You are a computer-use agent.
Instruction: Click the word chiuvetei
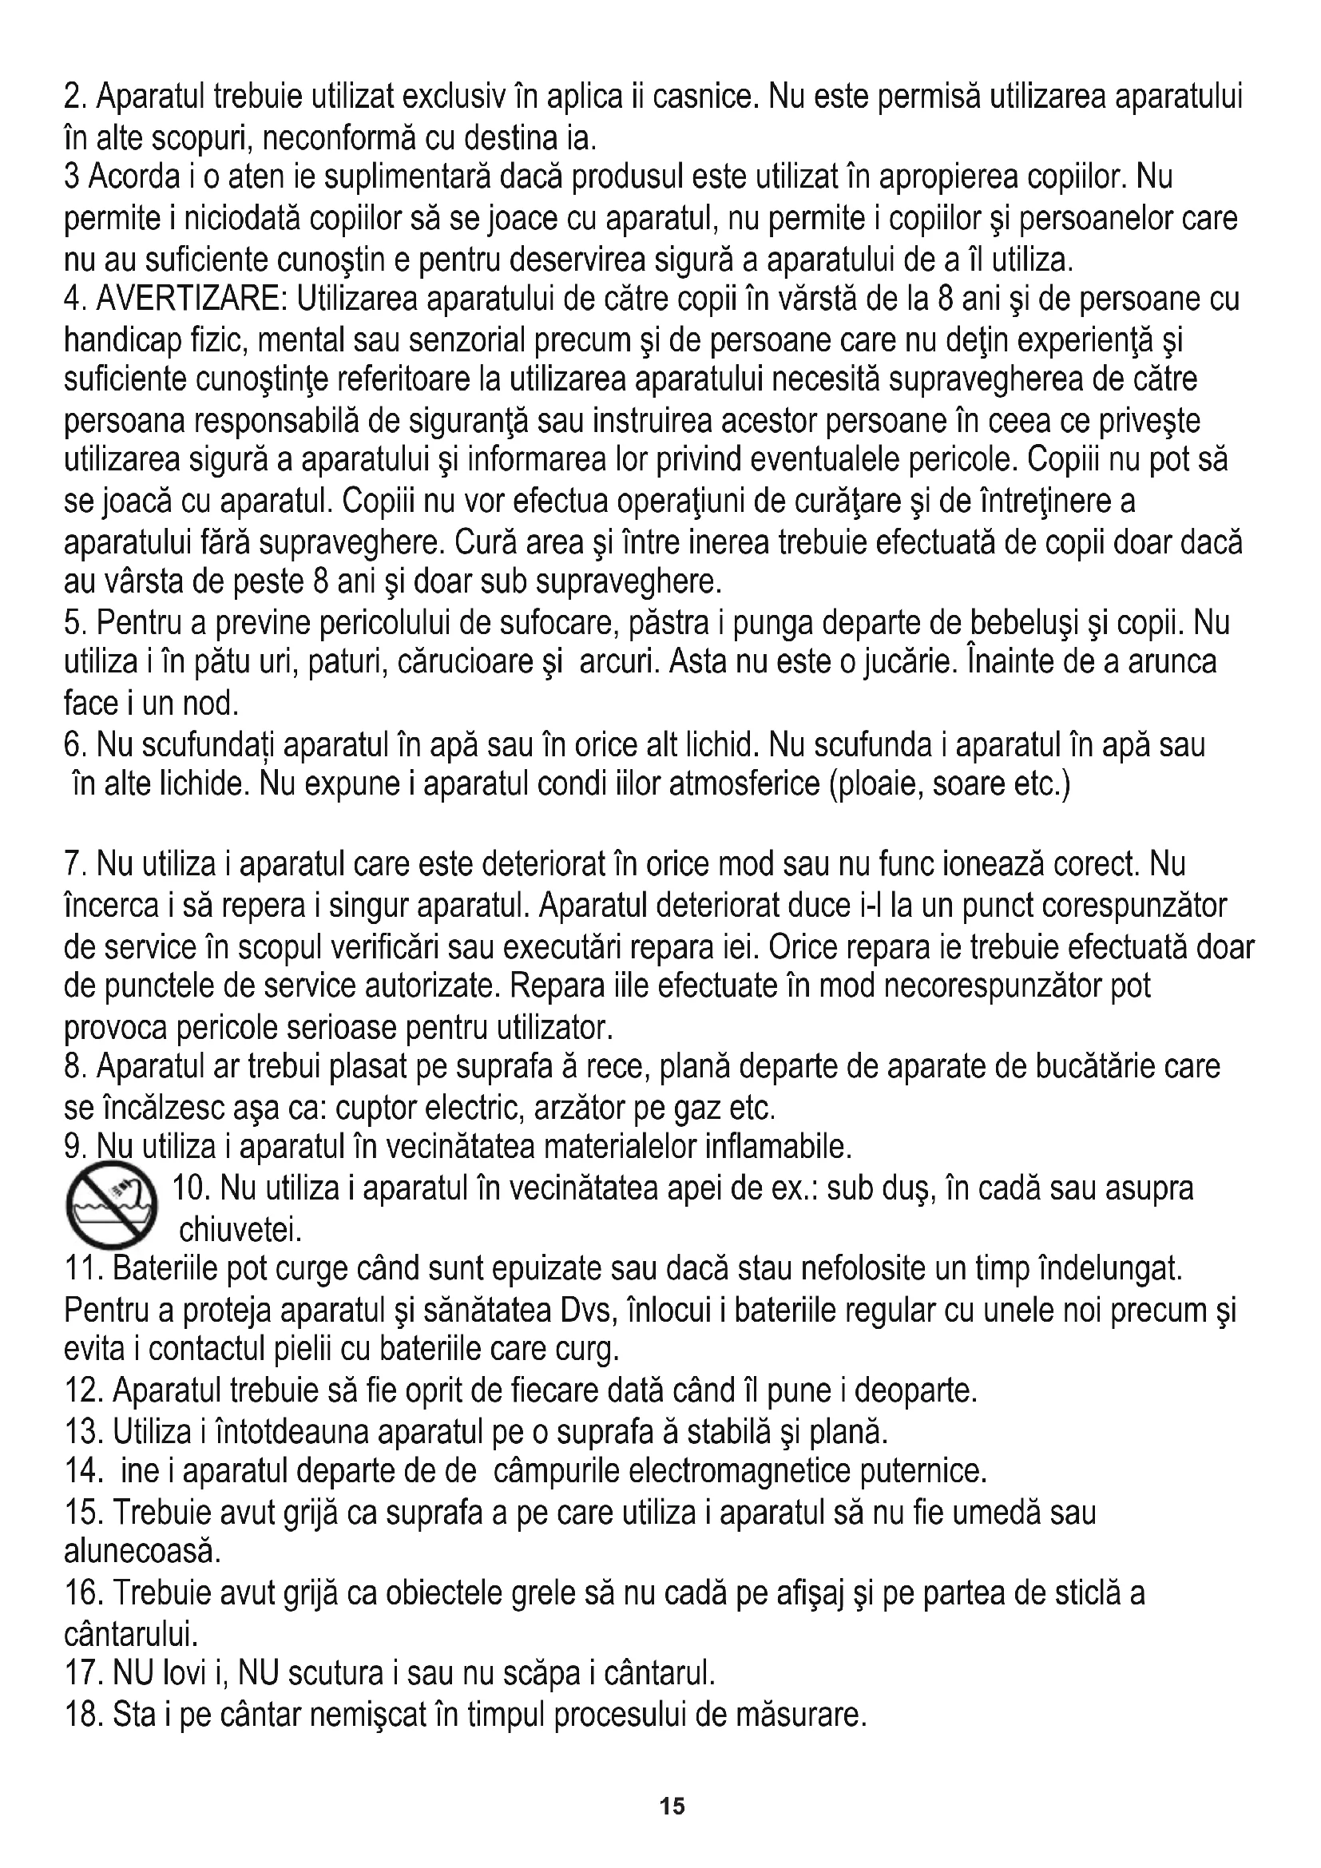point(240,1231)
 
